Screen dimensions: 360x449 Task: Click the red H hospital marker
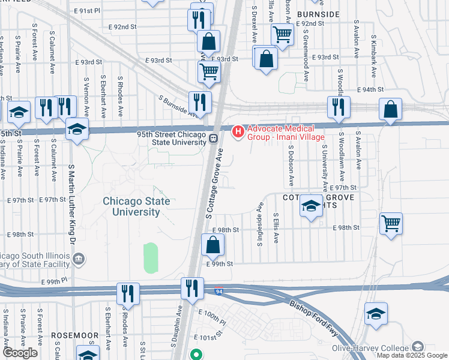[238, 130]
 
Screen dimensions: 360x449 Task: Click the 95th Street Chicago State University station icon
[213, 139]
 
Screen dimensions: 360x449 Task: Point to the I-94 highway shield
[220, 291]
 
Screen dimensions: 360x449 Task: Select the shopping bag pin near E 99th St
[212, 244]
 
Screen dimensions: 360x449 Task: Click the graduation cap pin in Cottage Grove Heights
[310, 207]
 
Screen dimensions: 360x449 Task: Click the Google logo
[20, 353]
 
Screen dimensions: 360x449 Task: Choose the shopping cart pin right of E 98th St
[391, 224]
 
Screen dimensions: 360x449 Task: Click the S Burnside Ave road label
[178, 106]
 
